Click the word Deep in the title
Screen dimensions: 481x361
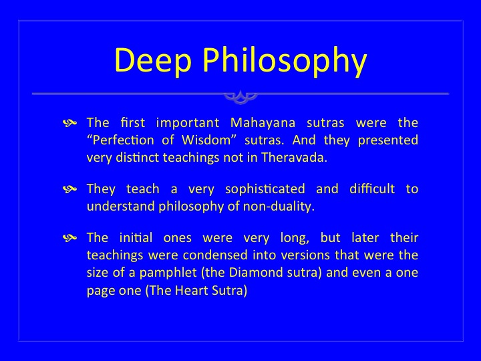153,59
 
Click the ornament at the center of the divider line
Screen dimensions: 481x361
240,96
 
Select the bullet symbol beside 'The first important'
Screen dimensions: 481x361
69,123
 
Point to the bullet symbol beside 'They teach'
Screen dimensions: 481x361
69,189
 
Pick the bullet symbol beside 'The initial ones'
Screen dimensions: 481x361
69,237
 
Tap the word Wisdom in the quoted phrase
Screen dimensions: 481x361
206,140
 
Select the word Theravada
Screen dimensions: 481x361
294,158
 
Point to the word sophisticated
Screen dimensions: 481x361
265,189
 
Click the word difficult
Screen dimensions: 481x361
372,189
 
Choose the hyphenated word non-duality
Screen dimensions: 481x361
279,207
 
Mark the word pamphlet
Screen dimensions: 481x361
168,273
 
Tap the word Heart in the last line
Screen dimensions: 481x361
187,290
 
